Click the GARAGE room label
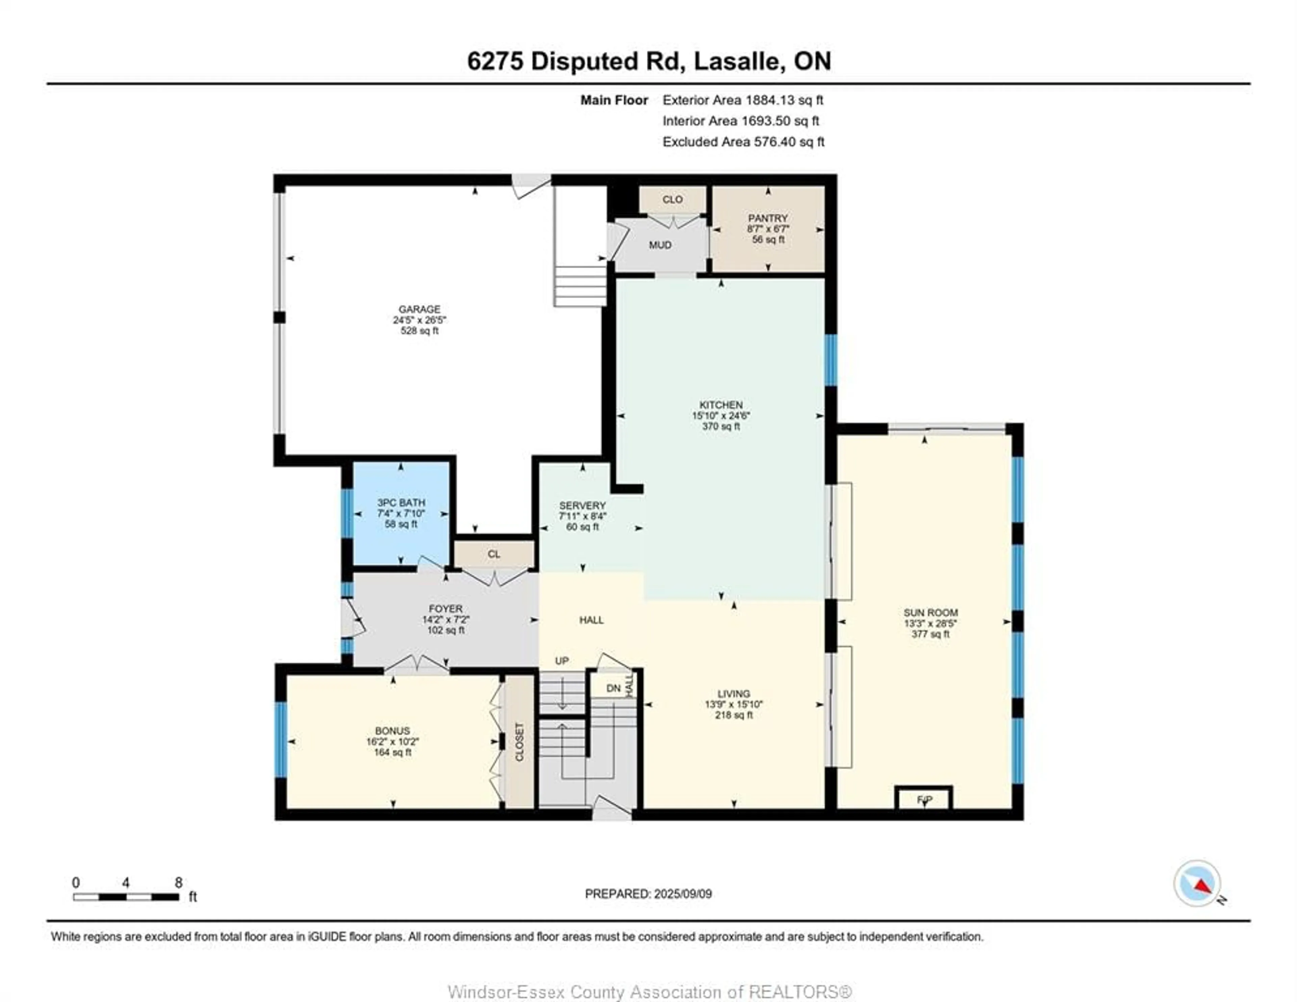(419, 309)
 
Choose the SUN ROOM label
(931, 612)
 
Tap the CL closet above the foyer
(493, 554)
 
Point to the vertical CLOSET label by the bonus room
(519, 742)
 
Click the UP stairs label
(562, 661)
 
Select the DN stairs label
(613, 688)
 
